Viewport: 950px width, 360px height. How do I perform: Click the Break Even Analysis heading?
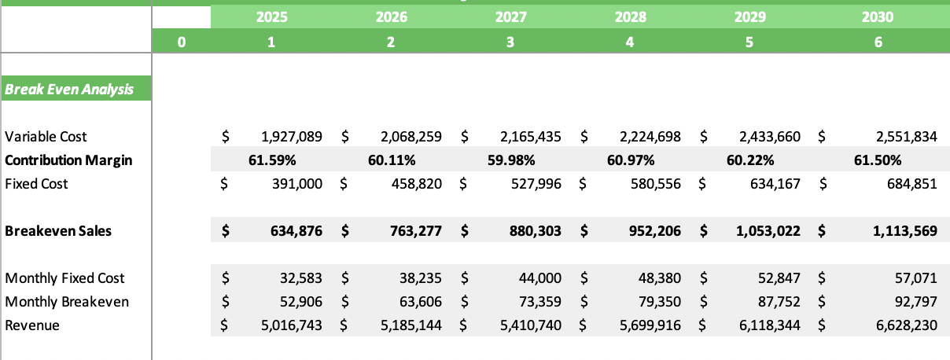coord(68,90)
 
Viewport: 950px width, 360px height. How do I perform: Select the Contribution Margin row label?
coord(68,160)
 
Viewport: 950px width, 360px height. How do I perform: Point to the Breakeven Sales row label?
coord(58,231)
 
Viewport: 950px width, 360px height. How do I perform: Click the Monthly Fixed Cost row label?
coord(64,278)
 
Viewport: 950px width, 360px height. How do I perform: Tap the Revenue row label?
coord(32,325)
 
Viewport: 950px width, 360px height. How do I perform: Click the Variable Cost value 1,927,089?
coord(290,137)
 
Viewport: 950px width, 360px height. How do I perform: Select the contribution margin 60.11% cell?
coord(391,160)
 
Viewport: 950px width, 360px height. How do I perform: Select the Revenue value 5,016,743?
coord(290,325)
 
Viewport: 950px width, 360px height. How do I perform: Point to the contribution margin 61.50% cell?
coord(877,160)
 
